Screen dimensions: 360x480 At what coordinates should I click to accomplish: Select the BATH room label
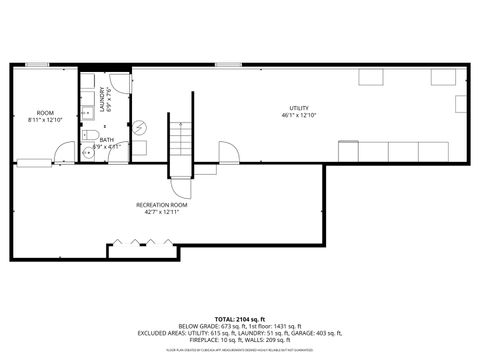tap(107, 140)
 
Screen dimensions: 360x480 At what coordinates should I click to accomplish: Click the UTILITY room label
tap(298, 108)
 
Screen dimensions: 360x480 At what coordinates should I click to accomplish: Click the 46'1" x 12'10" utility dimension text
tap(298, 115)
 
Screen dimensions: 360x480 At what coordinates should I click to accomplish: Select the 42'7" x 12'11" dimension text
tap(162, 211)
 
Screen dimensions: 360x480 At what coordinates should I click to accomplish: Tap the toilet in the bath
tap(88, 133)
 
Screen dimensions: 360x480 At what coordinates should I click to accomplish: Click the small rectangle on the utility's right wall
tap(458, 104)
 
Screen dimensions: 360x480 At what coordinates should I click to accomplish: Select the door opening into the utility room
tap(229, 152)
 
